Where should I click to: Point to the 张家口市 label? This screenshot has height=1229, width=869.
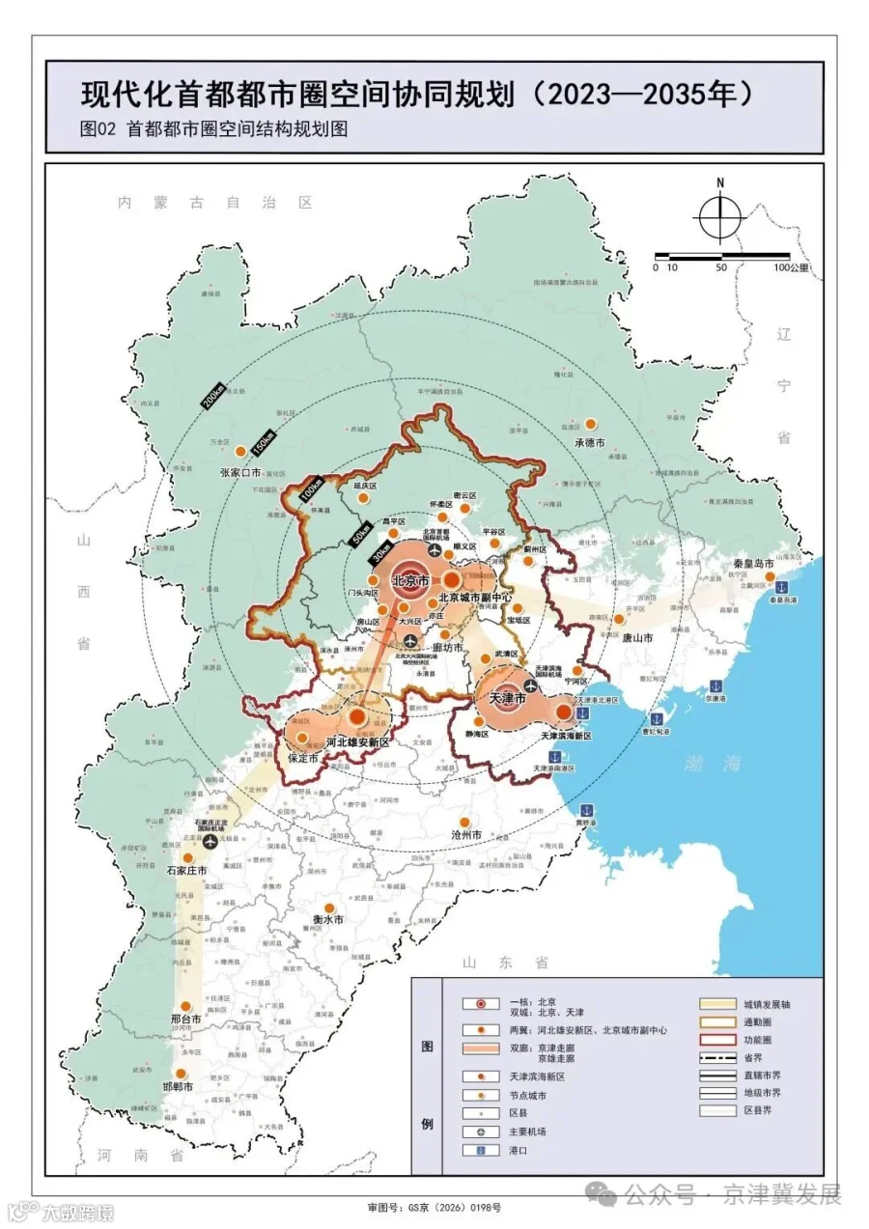click(241, 472)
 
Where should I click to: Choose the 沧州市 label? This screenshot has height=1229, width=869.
click(466, 834)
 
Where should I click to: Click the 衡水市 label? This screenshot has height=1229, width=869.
click(328, 920)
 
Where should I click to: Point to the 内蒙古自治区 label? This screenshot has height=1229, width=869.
click(214, 203)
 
